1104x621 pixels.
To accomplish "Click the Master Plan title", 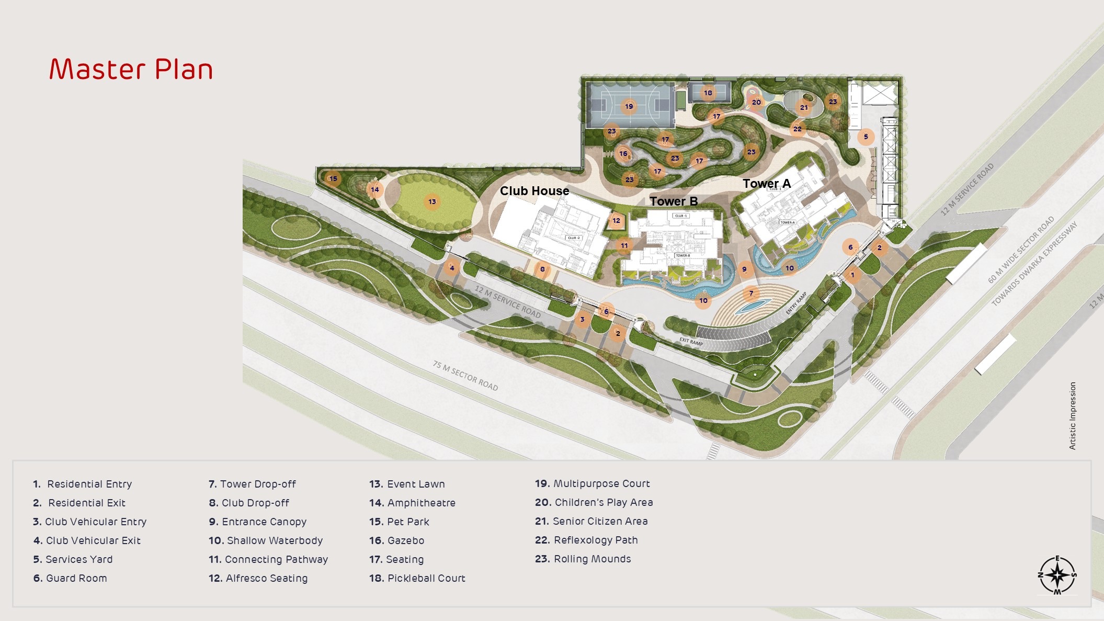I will (131, 69).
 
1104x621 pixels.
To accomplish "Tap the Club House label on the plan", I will (534, 191).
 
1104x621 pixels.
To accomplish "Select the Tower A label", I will (766, 184).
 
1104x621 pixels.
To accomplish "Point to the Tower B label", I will (673, 201).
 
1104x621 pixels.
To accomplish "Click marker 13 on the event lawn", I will (432, 201).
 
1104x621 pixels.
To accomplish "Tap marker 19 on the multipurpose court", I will (629, 106).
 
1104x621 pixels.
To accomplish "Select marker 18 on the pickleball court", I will (708, 93).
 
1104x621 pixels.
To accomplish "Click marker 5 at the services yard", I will (866, 137).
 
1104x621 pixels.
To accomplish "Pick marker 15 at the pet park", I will (333, 178).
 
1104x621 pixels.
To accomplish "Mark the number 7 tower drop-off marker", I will (751, 293).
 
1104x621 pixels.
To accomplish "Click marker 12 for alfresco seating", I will (616, 220).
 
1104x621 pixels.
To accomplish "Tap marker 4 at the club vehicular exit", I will (452, 268).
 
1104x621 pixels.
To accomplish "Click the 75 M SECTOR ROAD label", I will (465, 376).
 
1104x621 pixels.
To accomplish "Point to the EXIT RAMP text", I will (691, 342).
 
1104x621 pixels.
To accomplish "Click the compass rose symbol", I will (1057, 575).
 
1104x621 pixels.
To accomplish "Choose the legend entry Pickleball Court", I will (417, 578).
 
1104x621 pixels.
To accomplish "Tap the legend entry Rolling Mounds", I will (583, 559).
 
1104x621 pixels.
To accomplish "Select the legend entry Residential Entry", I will (83, 484).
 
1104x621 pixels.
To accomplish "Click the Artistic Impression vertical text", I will (1072, 415).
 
